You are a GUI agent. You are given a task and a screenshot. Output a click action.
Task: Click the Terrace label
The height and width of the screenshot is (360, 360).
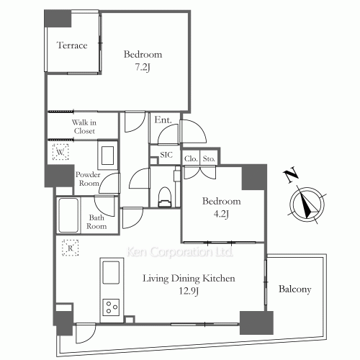[72, 45]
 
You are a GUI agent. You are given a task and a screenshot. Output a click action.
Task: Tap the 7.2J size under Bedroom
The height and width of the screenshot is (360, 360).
[143, 67]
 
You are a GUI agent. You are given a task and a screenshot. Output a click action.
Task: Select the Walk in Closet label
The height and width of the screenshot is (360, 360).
[84, 127]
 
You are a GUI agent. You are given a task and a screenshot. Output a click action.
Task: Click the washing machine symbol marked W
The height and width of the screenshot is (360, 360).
[60, 152]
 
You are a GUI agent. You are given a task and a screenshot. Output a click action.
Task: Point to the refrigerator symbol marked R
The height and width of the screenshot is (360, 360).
[70, 248]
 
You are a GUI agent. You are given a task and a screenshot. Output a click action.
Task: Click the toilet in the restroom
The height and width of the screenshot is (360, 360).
[165, 197]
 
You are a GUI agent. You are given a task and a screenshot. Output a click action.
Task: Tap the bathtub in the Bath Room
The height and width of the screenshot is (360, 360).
[68, 215]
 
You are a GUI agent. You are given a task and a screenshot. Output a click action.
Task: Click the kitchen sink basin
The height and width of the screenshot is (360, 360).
[111, 272]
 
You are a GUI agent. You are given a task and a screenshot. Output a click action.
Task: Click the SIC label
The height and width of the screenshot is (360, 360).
[166, 155]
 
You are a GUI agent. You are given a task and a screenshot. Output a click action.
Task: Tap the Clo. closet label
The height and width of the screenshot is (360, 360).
[191, 158]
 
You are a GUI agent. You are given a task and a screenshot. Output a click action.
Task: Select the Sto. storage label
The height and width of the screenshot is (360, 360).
[209, 158]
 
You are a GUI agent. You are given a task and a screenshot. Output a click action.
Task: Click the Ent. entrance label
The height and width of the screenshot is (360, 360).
[163, 120]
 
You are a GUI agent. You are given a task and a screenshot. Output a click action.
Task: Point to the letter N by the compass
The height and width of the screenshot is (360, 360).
[291, 176]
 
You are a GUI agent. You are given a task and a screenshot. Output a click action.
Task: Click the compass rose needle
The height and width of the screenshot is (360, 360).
[307, 205]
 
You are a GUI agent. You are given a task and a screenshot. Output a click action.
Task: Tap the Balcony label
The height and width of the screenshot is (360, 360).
[295, 289]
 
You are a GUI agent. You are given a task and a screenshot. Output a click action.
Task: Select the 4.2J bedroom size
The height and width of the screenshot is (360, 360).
[221, 214]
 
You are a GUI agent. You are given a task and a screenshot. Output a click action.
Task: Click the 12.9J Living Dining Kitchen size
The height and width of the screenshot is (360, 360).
[189, 291]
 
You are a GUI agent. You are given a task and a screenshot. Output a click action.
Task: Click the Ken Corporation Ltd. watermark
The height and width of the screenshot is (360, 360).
[180, 252]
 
